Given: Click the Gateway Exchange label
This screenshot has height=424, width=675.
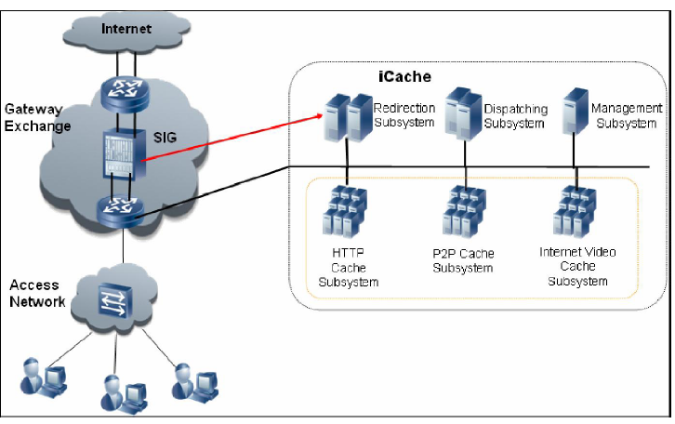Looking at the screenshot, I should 37,118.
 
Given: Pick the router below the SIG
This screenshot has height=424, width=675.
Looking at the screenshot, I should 124,211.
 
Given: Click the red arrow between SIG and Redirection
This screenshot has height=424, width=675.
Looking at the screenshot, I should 232,138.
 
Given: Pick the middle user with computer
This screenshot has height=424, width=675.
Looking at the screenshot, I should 121,391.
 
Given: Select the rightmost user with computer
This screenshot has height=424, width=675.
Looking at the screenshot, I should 192,375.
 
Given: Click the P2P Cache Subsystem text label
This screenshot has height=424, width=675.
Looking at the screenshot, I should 464,260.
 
